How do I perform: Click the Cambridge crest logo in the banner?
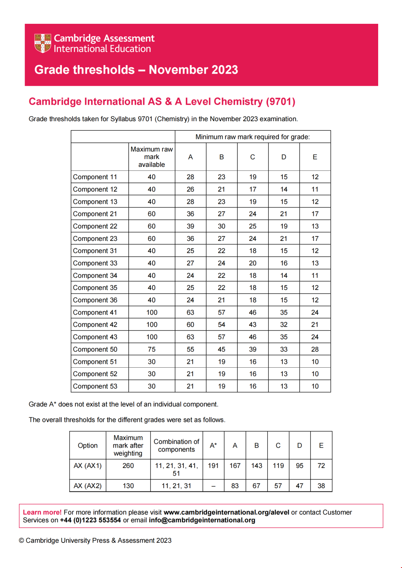(42, 43)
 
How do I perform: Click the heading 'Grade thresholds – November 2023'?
(136, 70)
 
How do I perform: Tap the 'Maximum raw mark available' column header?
(151, 157)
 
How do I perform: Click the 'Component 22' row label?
(95, 226)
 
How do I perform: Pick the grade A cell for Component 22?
(190, 226)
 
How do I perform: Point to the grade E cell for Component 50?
(315, 349)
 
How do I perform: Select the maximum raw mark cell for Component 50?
(151, 349)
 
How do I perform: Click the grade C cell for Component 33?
(253, 263)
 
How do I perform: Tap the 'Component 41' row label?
(95, 313)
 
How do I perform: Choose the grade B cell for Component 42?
(221, 325)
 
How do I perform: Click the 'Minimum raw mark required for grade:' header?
(252, 137)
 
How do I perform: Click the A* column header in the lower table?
(213, 445)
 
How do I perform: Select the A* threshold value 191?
(213, 466)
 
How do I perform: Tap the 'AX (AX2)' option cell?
(87, 486)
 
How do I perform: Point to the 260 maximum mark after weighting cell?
(128, 466)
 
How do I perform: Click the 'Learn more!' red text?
(42, 512)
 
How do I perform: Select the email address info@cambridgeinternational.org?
(202, 520)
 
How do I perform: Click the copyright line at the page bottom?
(95, 540)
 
